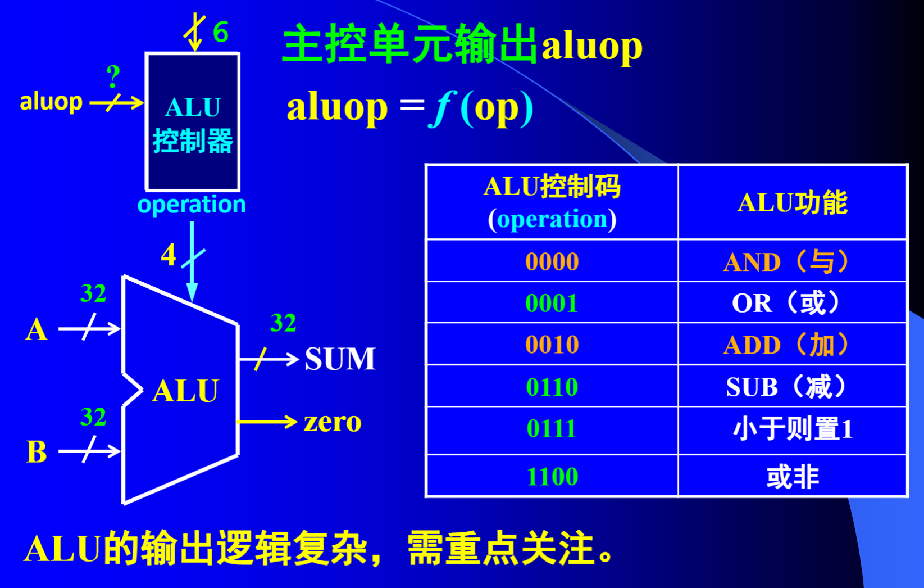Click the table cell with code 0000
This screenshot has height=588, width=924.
click(552, 261)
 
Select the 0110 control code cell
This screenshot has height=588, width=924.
click(552, 387)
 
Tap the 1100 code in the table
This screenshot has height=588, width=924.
click(552, 477)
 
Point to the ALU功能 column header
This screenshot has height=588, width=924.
click(792, 202)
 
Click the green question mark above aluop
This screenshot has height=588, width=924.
click(113, 76)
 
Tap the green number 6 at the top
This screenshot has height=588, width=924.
click(220, 31)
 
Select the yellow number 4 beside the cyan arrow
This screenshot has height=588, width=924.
click(169, 255)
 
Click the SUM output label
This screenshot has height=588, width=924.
click(340, 359)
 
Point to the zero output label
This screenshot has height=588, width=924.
click(333, 422)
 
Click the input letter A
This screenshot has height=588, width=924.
click(37, 329)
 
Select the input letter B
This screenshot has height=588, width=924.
click(37, 451)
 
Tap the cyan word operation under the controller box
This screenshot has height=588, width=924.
click(192, 205)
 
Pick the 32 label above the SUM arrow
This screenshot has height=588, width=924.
click(283, 323)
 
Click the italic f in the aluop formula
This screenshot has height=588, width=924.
click(441, 108)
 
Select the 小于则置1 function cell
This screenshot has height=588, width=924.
click(792, 429)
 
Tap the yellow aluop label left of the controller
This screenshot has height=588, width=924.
click(51, 102)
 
